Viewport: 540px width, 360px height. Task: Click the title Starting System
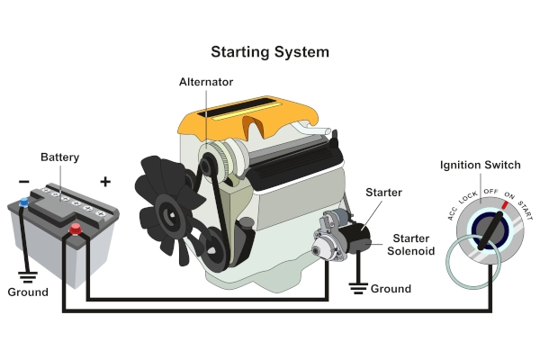(x=270, y=51)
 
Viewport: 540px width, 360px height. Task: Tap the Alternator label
(x=206, y=82)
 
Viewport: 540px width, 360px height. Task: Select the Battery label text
(x=60, y=157)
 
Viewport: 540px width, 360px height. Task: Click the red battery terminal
(x=76, y=230)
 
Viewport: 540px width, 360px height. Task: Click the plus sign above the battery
(x=105, y=182)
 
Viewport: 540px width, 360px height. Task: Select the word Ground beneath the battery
(x=28, y=292)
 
